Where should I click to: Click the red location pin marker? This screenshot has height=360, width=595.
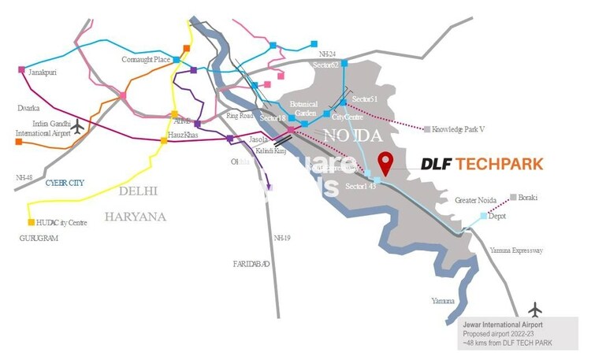385,163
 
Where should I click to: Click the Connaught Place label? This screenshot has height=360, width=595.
147,59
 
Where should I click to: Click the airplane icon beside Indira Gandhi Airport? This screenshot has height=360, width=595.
77,124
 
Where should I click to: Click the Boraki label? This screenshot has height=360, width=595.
526,197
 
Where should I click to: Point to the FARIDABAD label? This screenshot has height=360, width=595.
251,263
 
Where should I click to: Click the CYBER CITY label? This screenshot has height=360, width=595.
65,182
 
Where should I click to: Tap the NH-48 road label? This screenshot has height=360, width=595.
24,177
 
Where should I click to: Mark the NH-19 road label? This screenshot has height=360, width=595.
282,237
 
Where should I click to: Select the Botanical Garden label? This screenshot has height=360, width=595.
303,108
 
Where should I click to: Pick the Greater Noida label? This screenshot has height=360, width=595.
476,201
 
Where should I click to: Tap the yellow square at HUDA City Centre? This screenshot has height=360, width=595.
32,222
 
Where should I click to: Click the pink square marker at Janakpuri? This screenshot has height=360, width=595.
21,69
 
